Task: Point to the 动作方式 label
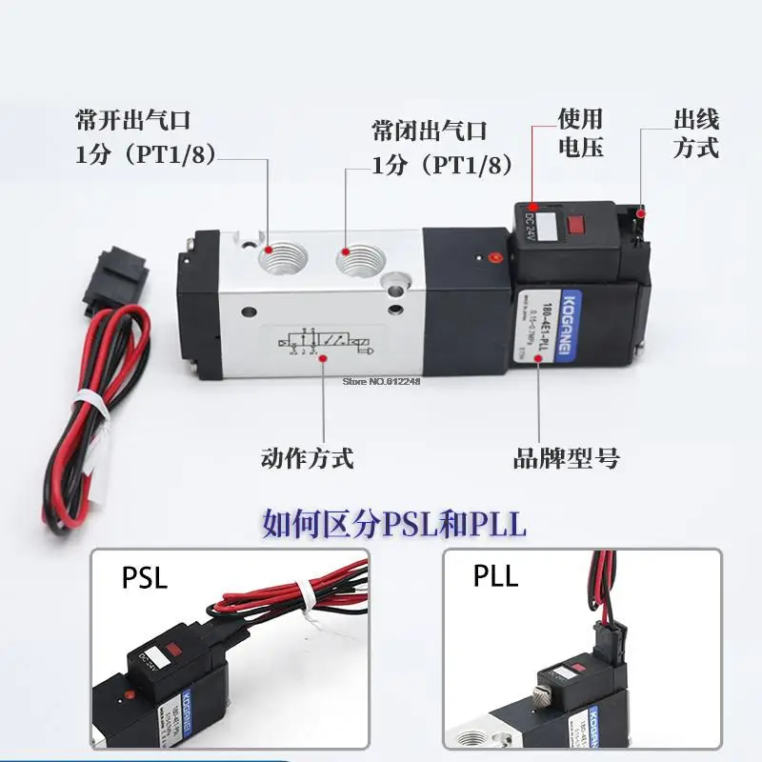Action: pos(307,458)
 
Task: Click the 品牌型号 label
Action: pos(566,458)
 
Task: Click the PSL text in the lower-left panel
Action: pos(145,577)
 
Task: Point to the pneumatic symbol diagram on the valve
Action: pos(324,340)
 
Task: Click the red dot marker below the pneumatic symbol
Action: pos(326,358)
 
